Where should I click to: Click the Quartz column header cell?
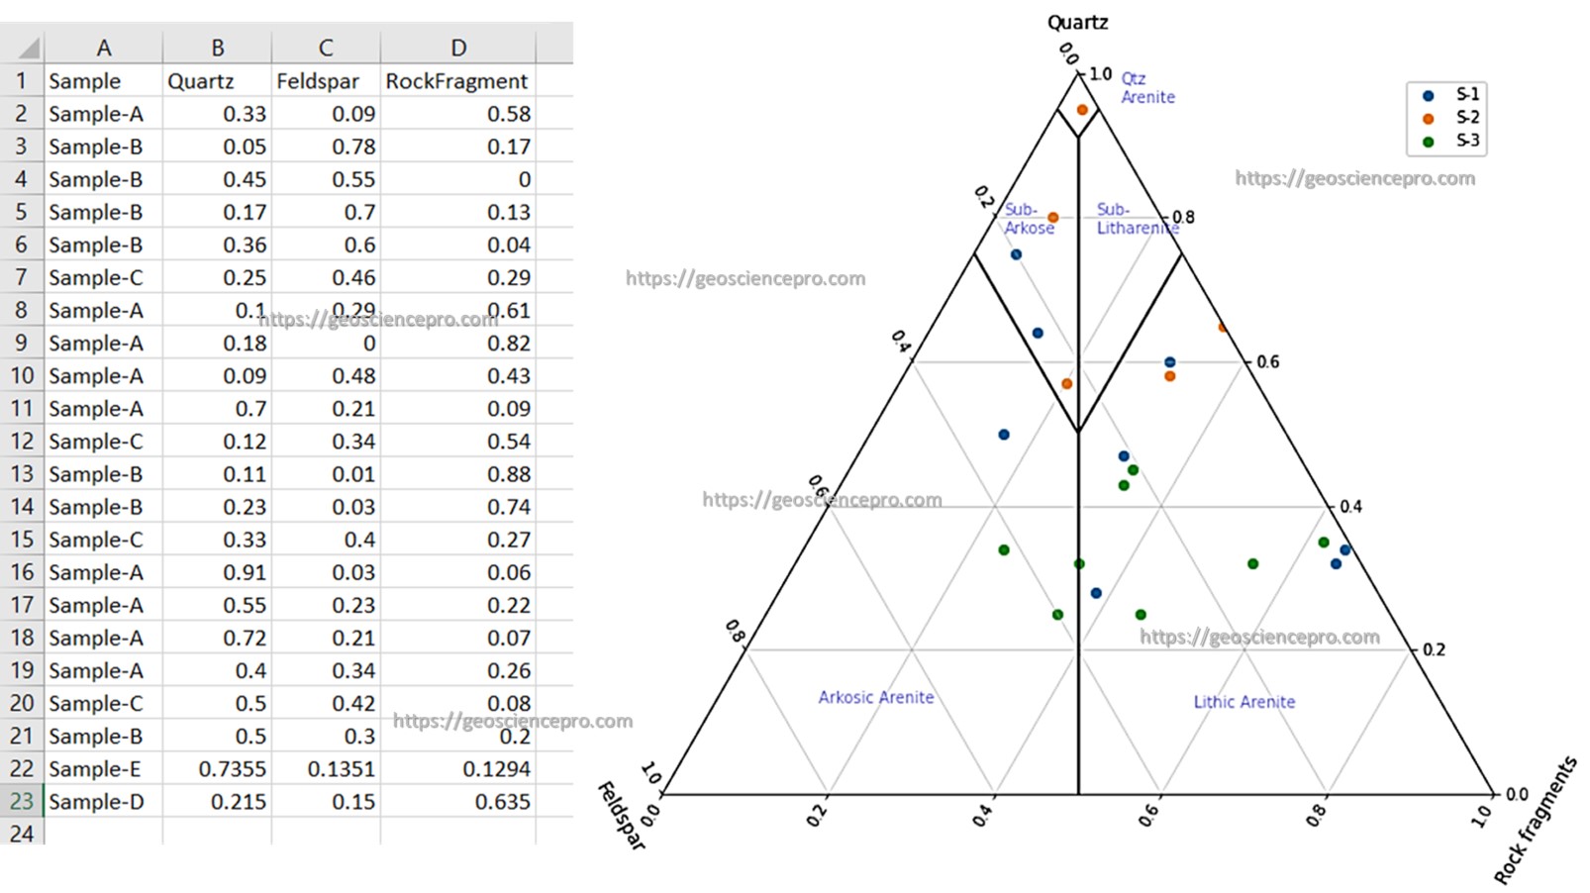pyautogui.click(x=201, y=81)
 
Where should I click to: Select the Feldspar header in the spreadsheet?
pyautogui.click(x=317, y=81)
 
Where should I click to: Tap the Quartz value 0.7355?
pyautogui.click(x=232, y=769)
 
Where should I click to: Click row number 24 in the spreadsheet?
pyautogui.click(x=22, y=834)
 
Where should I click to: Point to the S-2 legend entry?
pyautogui.click(x=1466, y=118)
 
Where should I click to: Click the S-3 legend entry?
pyautogui.click(x=1466, y=141)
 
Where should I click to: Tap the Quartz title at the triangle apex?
pyautogui.click(x=1077, y=23)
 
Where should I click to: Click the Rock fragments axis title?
pyautogui.click(x=1534, y=820)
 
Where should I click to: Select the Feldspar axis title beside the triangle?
pyautogui.click(x=622, y=816)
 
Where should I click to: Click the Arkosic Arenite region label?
pyautogui.click(x=876, y=698)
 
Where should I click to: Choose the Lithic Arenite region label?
pyautogui.click(x=1243, y=702)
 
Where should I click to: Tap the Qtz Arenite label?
pyautogui.click(x=1146, y=88)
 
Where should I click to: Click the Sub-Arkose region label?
pyautogui.click(x=1029, y=219)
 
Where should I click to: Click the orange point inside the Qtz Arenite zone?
pyautogui.click(x=1082, y=110)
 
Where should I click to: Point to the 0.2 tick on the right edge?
pyautogui.click(x=1434, y=649)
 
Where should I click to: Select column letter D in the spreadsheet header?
pyautogui.click(x=457, y=48)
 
